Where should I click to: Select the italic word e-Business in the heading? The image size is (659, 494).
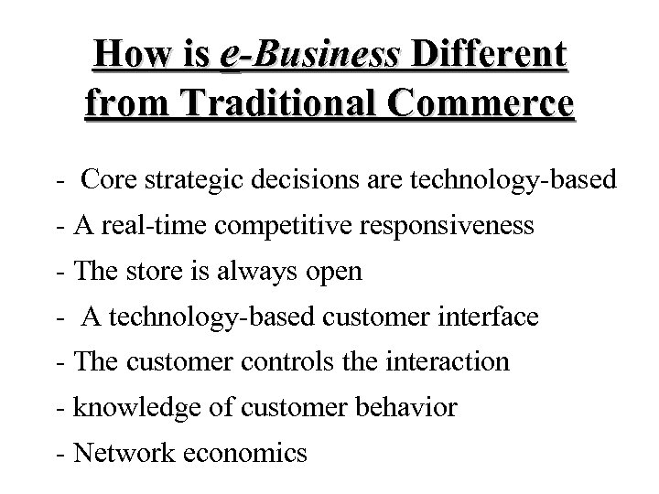tap(310, 57)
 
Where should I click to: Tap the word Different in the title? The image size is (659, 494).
tap(490, 57)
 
